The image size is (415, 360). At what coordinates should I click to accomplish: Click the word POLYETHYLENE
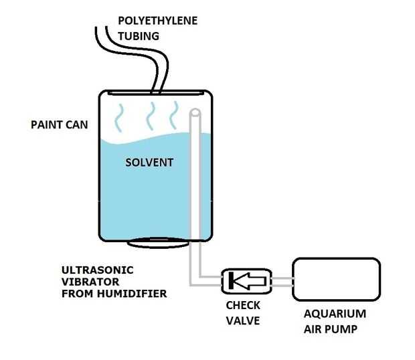[158, 21]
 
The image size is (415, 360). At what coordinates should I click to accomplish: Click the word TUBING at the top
[139, 36]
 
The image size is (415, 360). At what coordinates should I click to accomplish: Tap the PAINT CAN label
[60, 124]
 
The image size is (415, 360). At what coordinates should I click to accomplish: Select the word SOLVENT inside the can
[149, 163]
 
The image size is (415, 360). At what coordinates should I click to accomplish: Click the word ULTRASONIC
[98, 270]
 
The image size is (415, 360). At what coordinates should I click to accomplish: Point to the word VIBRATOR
[90, 282]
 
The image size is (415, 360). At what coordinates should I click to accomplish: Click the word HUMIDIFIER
[132, 294]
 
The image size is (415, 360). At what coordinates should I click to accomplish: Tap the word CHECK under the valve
[243, 306]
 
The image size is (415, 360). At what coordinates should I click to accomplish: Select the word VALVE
[243, 321]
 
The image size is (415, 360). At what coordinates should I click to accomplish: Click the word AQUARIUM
[335, 314]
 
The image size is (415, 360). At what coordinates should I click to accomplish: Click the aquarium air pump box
[337, 279]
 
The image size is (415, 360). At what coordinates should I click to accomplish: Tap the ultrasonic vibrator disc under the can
[158, 243]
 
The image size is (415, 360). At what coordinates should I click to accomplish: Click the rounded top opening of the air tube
[195, 112]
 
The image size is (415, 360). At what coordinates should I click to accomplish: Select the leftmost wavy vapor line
[119, 118]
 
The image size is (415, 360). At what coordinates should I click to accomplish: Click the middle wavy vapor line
[151, 116]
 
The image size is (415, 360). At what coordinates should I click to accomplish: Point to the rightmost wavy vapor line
[174, 115]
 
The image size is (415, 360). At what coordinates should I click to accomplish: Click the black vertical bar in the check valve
[231, 280]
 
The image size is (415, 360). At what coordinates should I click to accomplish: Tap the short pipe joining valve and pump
[282, 282]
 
